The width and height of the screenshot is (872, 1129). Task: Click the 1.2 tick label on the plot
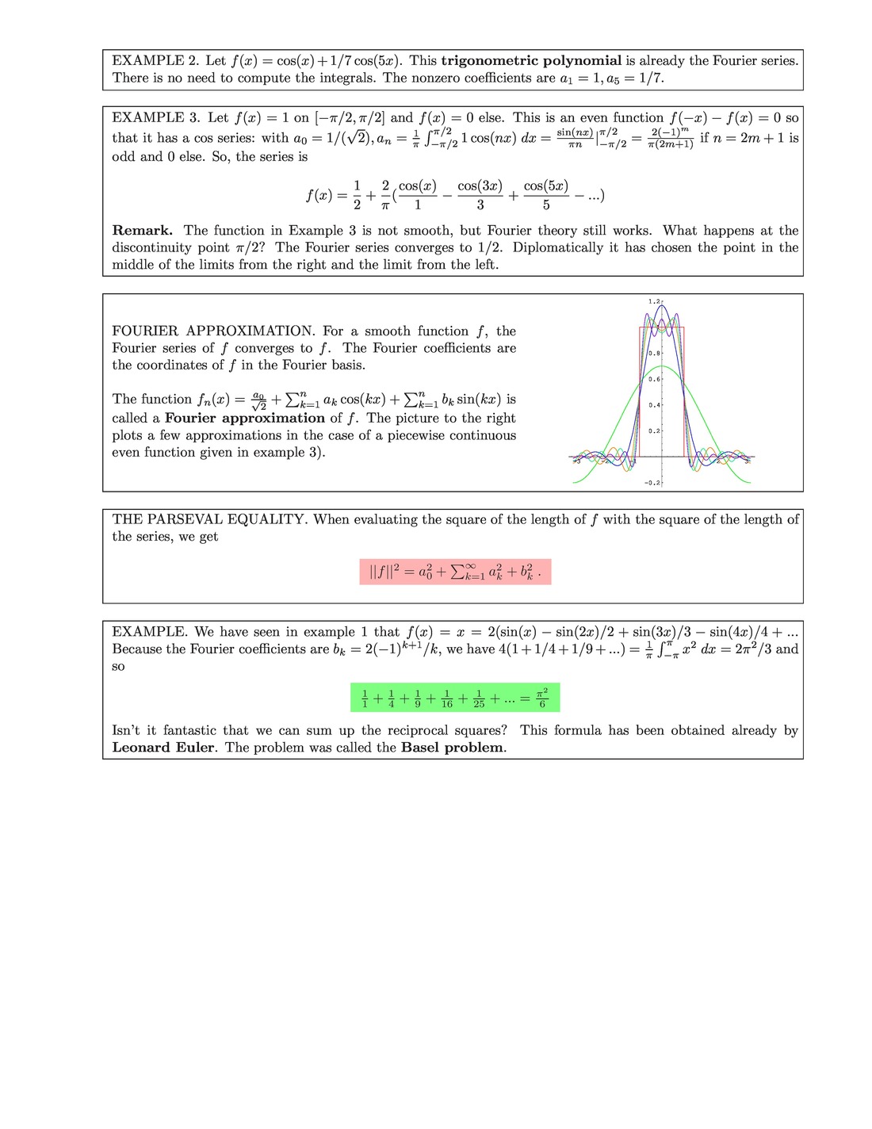(x=654, y=301)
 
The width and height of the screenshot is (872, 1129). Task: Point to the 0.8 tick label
(x=654, y=353)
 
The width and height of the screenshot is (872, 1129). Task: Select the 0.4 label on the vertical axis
(x=654, y=405)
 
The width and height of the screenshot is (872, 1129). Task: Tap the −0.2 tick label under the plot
(x=652, y=482)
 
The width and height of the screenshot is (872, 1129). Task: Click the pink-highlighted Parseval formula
(x=455, y=572)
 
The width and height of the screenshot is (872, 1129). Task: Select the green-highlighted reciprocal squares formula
(x=455, y=698)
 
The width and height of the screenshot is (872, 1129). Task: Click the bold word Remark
(x=143, y=231)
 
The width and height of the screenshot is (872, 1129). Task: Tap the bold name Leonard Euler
(x=163, y=748)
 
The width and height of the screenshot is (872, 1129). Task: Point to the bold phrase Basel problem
(x=452, y=748)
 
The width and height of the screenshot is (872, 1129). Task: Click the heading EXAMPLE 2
(x=155, y=60)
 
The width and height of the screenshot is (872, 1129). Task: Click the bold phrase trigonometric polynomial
(x=531, y=60)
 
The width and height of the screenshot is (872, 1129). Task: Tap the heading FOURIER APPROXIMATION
(x=213, y=331)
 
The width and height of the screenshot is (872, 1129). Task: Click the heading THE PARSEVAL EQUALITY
(x=208, y=519)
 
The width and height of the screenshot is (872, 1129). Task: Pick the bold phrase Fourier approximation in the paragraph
(x=245, y=418)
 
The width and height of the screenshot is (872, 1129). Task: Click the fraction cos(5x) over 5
(x=546, y=195)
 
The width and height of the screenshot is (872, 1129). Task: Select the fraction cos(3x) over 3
(x=480, y=195)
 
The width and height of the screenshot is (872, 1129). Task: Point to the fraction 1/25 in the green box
(x=479, y=698)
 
